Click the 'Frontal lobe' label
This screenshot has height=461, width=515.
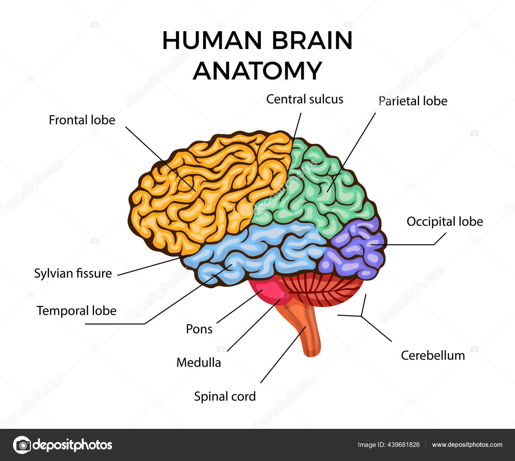click(82, 120)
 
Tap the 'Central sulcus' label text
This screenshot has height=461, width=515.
click(304, 99)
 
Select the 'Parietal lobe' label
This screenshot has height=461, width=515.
click(413, 101)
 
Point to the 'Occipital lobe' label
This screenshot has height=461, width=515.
click(445, 221)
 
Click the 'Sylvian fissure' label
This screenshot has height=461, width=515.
click(73, 273)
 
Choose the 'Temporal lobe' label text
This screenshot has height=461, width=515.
click(76, 311)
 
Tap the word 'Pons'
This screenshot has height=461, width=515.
click(199, 329)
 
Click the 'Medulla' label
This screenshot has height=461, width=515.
click(199, 363)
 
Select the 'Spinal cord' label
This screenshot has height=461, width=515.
click(225, 396)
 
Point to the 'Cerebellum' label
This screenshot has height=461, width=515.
click(433, 355)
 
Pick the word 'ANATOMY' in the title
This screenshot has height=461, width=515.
click(257, 71)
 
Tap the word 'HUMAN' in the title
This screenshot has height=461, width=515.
click(212, 41)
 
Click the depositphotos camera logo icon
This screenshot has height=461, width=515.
click(22, 445)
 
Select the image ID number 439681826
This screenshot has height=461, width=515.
click(404, 445)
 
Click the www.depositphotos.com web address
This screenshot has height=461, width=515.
click(467, 445)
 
